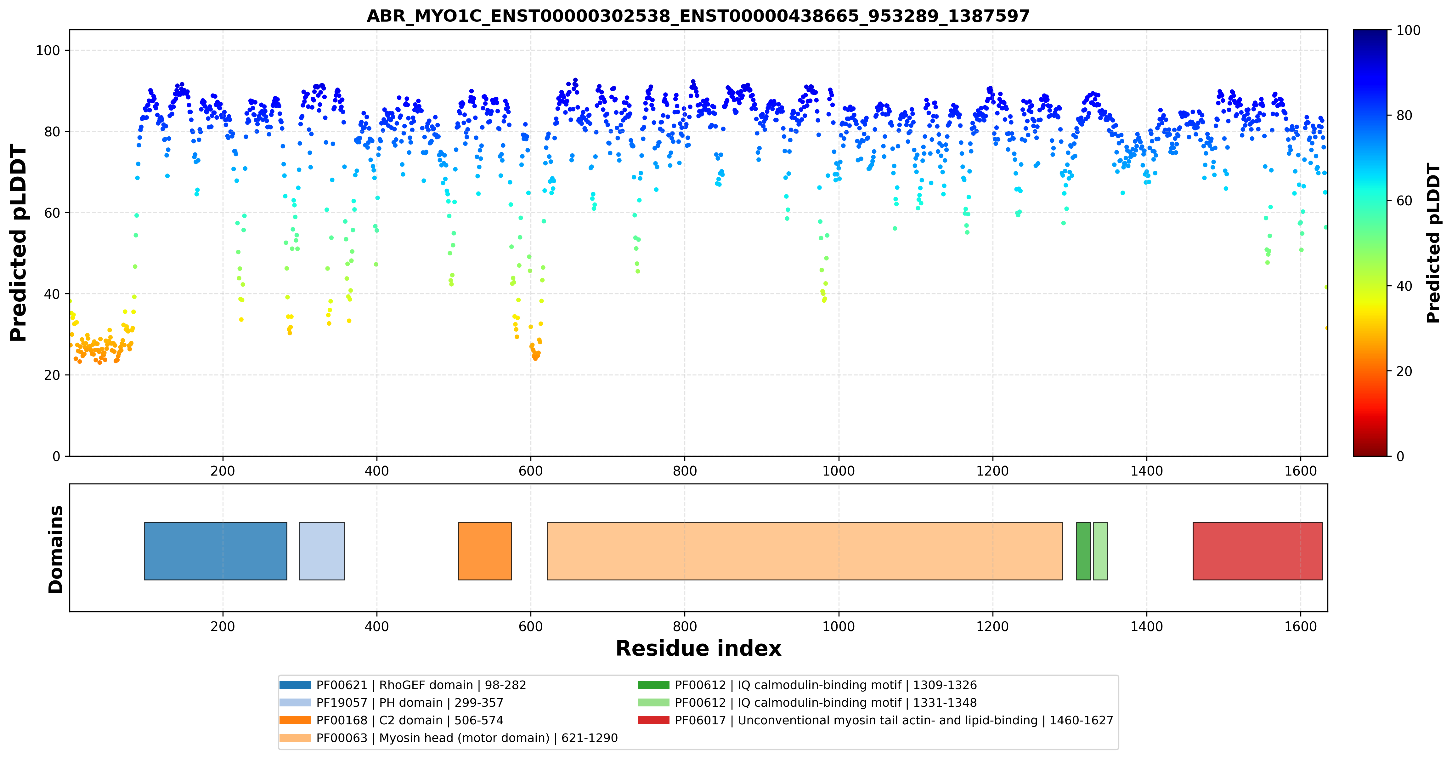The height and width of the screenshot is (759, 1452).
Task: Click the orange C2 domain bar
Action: pyautogui.click(x=485, y=551)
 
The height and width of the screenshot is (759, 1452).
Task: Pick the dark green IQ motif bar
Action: pyautogui.click(x=1083, y=551)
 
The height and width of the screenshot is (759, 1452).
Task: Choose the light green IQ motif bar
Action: pyautogui.click(x=1100, y=551)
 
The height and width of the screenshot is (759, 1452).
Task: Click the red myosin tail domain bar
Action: pyautogui.click(x=1257, y=551)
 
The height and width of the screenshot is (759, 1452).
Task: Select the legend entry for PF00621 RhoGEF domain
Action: pyautogui.click(x=403, y=685)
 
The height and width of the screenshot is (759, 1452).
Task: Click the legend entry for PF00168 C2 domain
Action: pyautogui.click(x=391, y=720)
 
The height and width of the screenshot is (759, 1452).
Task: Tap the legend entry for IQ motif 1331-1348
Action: pyautogui.click(x=807, y=703)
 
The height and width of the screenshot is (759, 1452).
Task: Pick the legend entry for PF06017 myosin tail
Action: pyautogui.click(x=875, y=720)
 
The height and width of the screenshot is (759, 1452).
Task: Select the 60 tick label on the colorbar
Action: pyautogui.click(x=1404, y=201)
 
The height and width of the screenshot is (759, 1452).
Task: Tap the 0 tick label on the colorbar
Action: pyautogui.click(x=1400, y=456)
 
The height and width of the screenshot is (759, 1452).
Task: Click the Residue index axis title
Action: pyautogui.click(x=698, y=648)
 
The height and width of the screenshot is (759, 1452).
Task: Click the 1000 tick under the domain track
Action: pyautogui.click(x=839, y=626)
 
